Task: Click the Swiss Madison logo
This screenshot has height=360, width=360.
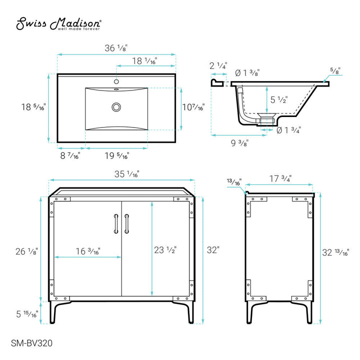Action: (58, 23)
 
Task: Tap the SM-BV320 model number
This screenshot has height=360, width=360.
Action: (31, 343)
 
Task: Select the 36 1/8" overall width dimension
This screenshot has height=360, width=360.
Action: (116, 48)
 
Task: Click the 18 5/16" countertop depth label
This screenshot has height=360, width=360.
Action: (33, 107)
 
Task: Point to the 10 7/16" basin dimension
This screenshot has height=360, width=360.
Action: (193, 107)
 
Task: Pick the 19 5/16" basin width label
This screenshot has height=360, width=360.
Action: (117, 155)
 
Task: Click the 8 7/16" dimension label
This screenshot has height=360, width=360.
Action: (70, 155)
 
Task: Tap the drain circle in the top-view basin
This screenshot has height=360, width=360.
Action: (116, 107)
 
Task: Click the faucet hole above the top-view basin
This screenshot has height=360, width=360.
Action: (116, 81)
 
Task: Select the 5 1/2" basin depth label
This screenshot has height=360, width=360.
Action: (279, 99)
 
